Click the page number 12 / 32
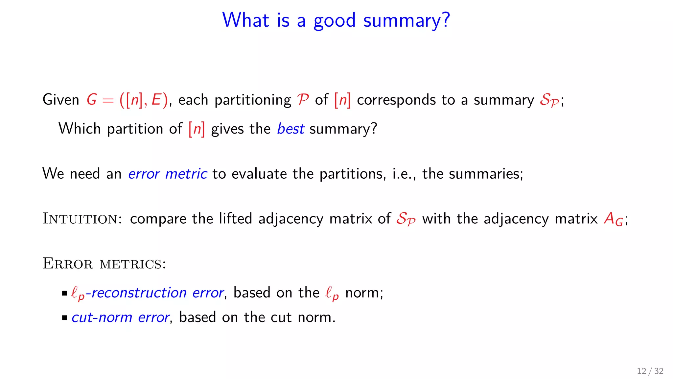tap(650, 371)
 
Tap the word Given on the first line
tap(61, 100)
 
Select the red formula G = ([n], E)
tap(127, 100)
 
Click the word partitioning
tap(253, 100)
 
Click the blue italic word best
tap(290, 129)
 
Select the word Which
tap(79, 129)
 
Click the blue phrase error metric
tap(167, 174)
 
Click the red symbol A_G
tap(613, 219)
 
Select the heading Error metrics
tap(104, 264)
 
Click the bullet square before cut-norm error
tap(64, 318)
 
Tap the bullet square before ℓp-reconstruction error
tap(64, 293)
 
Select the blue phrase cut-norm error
tap(120, 317)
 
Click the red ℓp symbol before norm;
tap(332, 293)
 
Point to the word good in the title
tap(334, 20)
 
